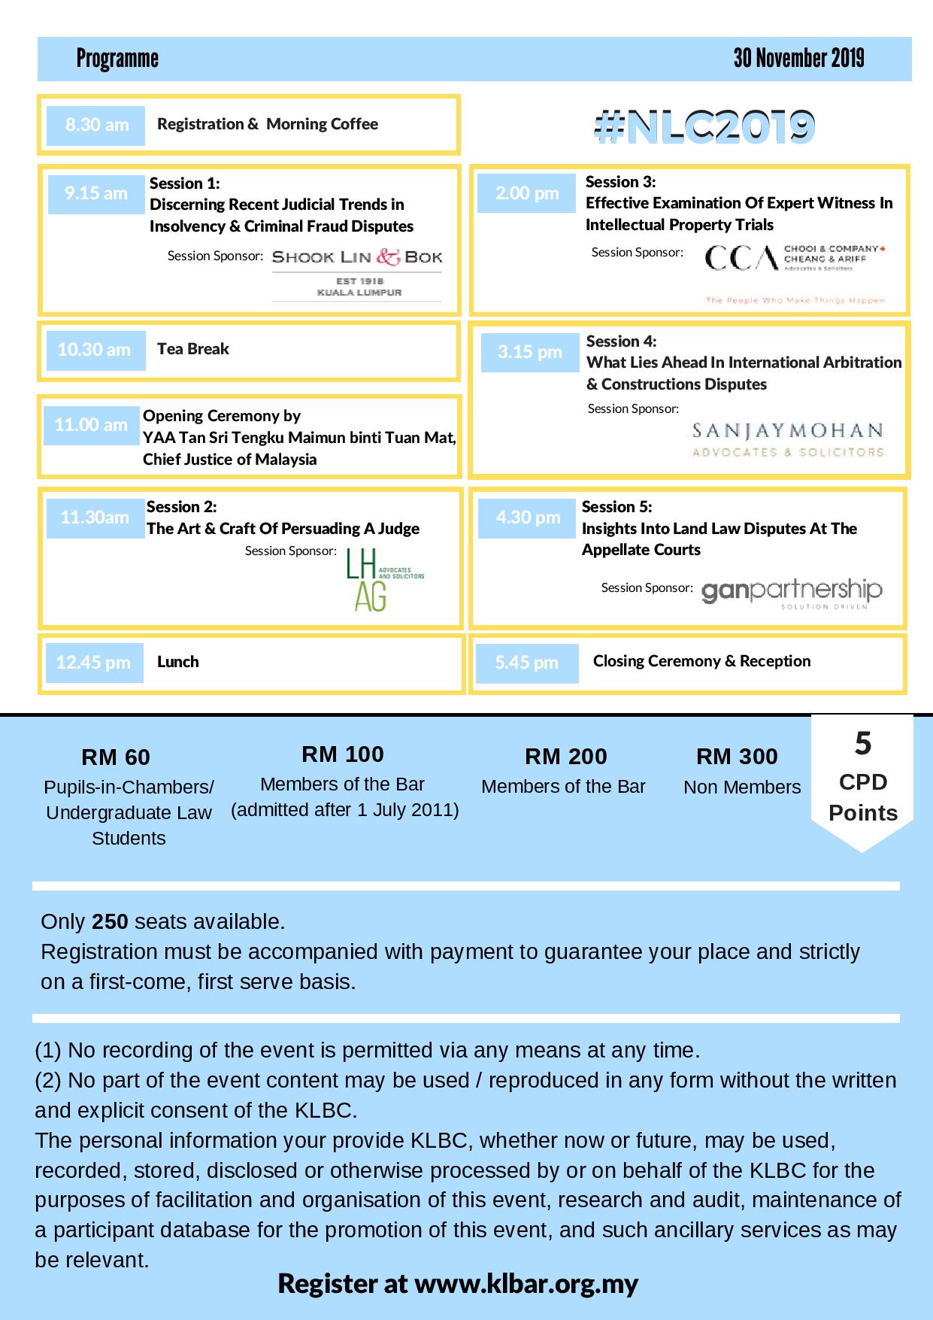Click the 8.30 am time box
coord(96,126)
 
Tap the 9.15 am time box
coord(96,194)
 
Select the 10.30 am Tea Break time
coord(95,350)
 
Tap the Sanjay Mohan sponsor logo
coord(787,440)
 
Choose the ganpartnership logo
coord(792,593)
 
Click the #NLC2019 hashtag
coord(704,126)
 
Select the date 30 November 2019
coord(798,59)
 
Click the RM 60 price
coord(116,757)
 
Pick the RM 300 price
coord(737,756)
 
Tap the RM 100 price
coord(343,754)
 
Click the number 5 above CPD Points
coord(862,744)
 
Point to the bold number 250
coord(110,921)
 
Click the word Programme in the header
coord(117,59)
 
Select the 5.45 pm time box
coord(527,663)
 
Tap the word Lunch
coord(178,662)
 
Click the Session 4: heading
coord(621,341)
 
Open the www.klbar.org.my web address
coord(526,1284)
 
